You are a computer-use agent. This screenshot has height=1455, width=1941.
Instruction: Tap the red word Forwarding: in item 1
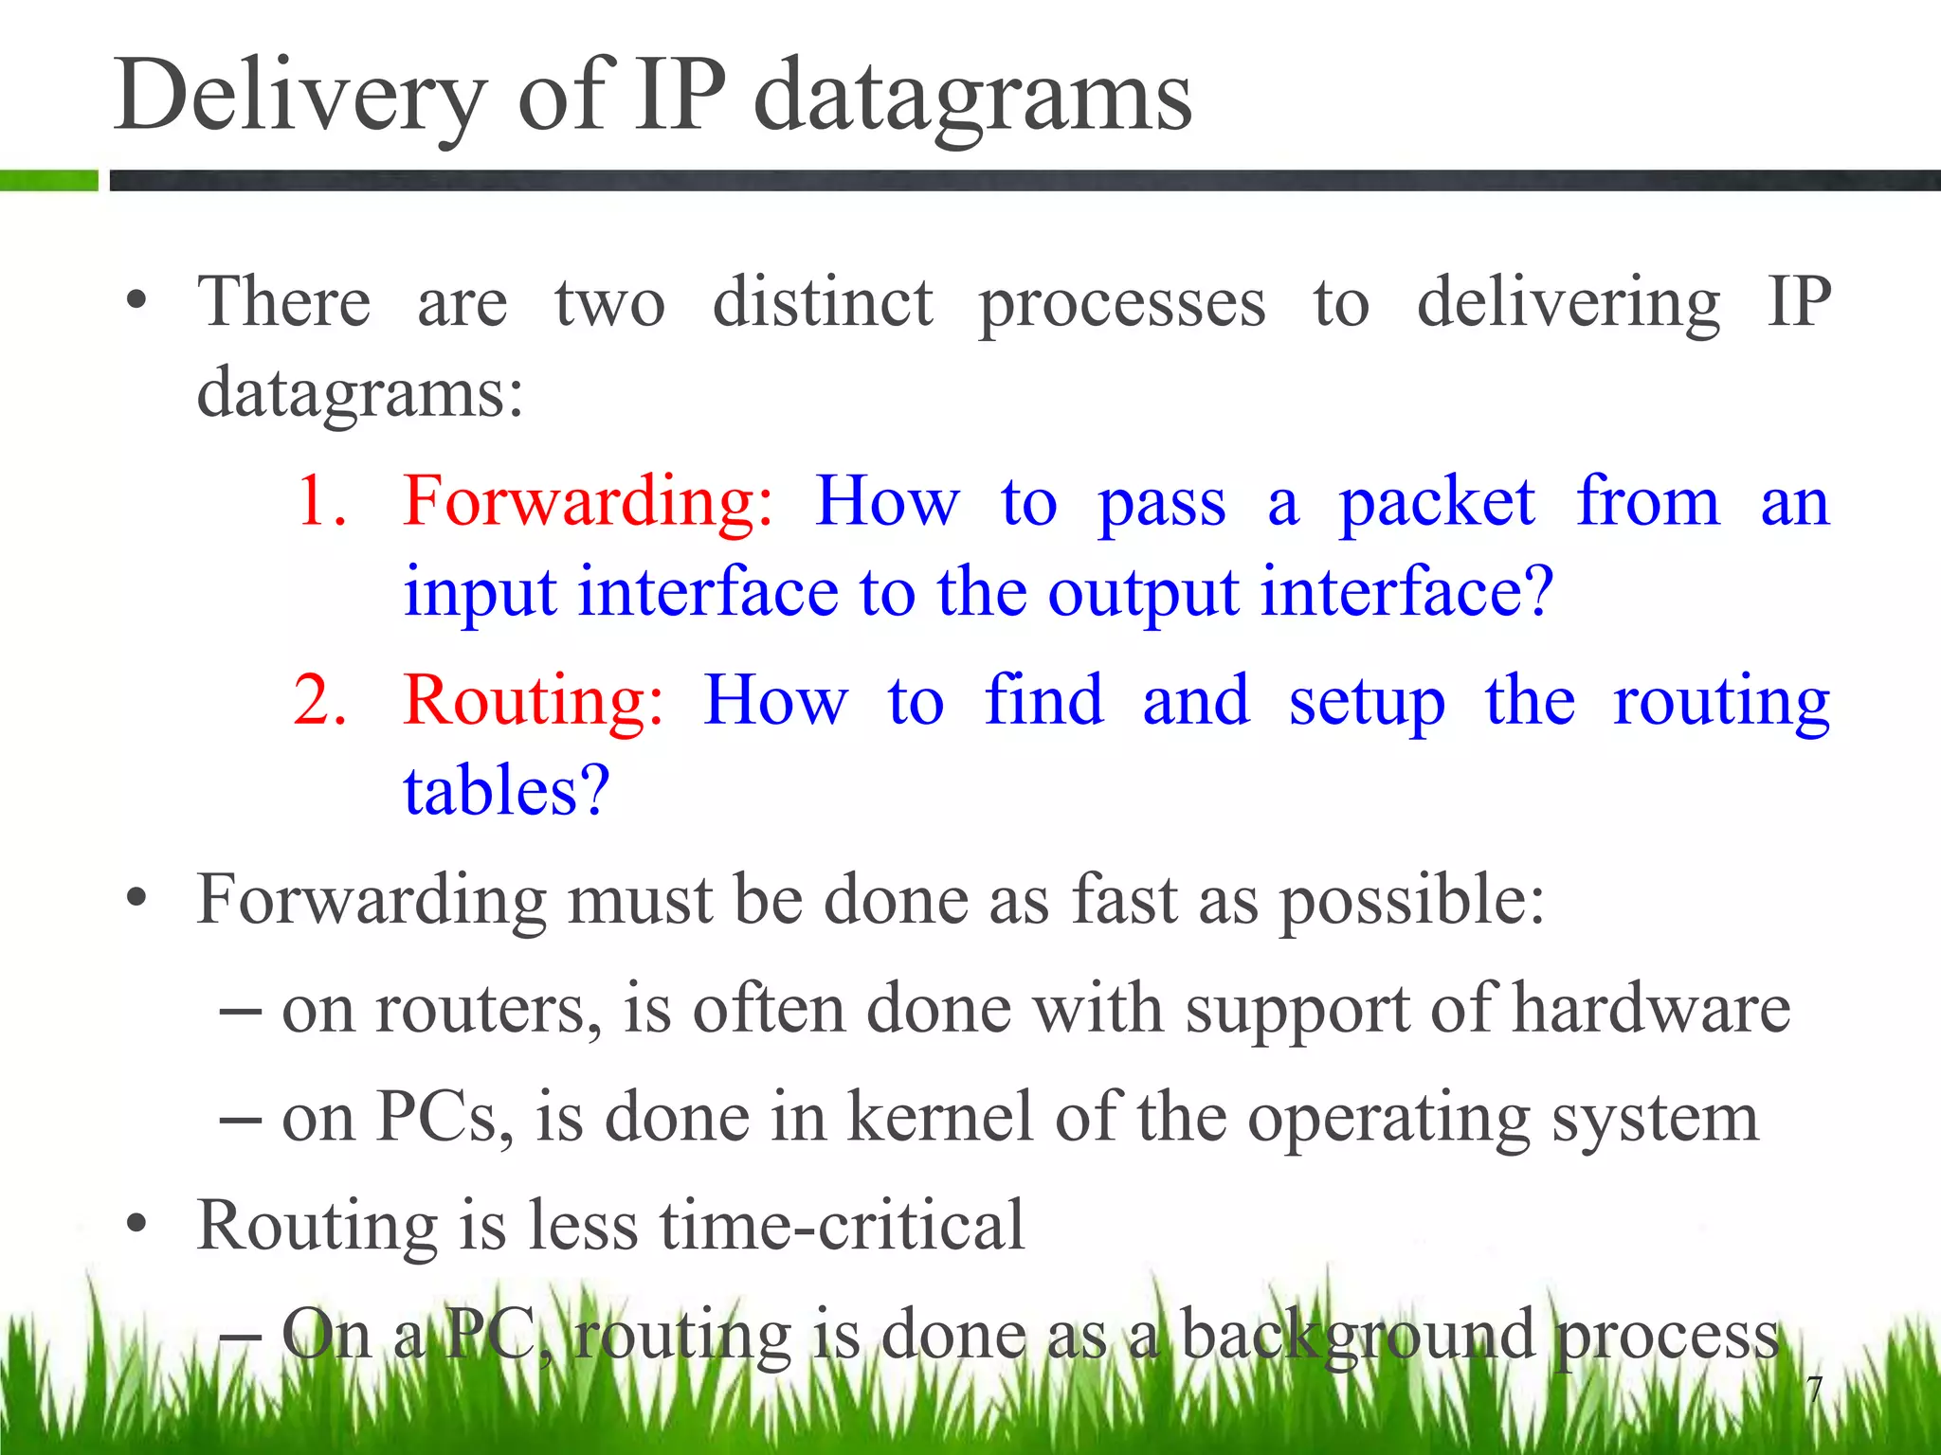(x=588, y=501)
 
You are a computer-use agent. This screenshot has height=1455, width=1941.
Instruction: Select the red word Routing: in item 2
(x=534, y=701)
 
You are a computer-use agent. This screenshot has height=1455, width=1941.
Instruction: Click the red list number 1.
(x=320, y=501)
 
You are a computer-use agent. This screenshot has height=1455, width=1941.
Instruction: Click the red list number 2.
(x=320, y=701)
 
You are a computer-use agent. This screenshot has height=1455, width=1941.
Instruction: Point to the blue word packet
(x=1436, y=501)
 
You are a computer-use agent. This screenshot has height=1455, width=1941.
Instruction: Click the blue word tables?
(x=506, y=790)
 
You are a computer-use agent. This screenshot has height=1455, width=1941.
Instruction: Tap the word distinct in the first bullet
(x=823, y=303)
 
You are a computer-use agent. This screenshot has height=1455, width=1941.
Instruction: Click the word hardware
(x=1650, y=1008)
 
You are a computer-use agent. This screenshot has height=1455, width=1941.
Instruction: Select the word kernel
(x=938, y=1117)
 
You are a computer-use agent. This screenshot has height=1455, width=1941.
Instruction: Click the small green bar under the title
(x=48, y=180)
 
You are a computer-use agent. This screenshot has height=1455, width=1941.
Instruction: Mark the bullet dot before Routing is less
(x=137, y=1224)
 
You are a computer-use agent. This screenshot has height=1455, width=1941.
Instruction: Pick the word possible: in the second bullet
(x=1412, y=900)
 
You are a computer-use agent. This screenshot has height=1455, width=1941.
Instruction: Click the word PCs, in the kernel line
(x=445, y=1117)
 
